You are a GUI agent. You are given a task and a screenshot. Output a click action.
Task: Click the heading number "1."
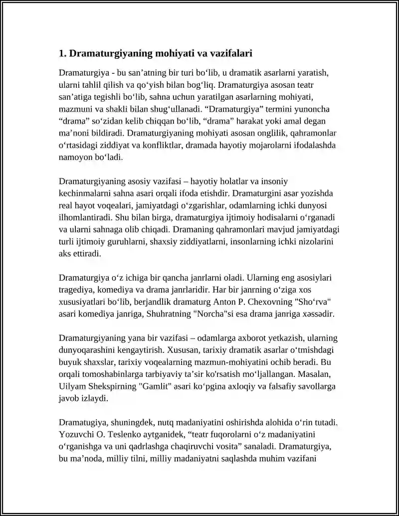tap(62, 53)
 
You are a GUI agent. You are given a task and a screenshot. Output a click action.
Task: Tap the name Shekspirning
tap(113, 386)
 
